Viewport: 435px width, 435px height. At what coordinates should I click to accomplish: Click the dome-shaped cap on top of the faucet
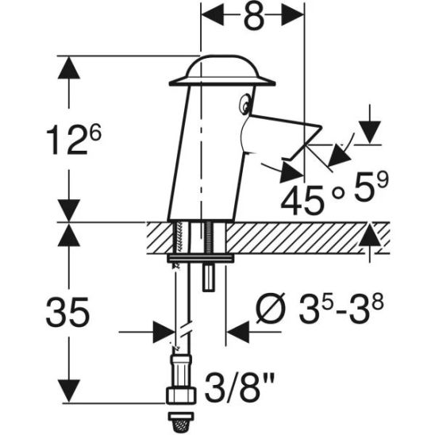point(221,72)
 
